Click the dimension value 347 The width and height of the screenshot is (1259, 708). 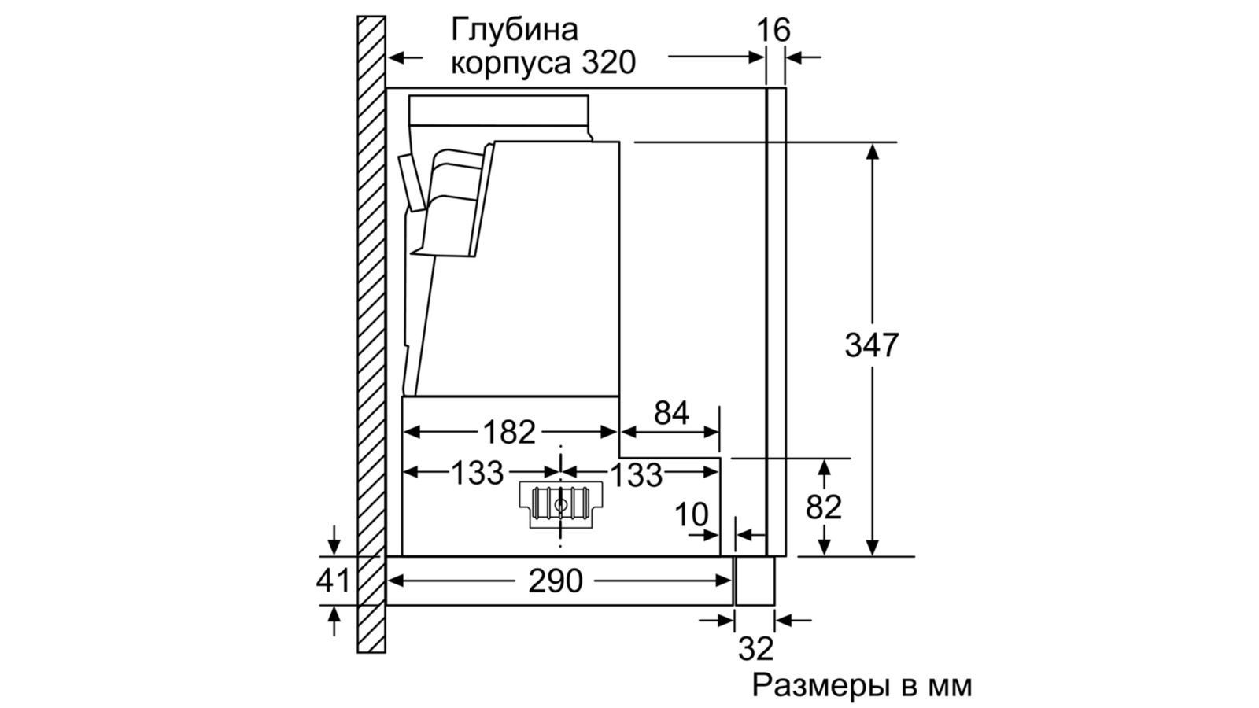[x=871, y=346]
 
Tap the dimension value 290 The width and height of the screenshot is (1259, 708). [x=556, y=581]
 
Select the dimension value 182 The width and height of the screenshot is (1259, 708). [x=510, y=432]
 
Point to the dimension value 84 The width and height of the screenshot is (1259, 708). [x=671, y=413]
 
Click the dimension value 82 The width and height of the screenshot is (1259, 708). [x=824, y=508]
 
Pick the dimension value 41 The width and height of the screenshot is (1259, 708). [x=333, y=581]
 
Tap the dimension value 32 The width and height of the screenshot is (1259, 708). [x=755, y=649]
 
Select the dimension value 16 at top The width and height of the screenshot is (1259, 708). [x=773, y=31]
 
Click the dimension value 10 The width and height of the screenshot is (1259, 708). [x=692, y=515]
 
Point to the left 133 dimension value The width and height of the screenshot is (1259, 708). [x=477, y=473]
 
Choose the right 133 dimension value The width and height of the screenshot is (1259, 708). [x=636, y=474]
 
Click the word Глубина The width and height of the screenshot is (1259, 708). [x=514, y=30]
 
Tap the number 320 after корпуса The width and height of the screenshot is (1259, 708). [x=607, y=63]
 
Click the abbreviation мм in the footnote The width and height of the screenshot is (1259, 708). [x=951, y=686]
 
